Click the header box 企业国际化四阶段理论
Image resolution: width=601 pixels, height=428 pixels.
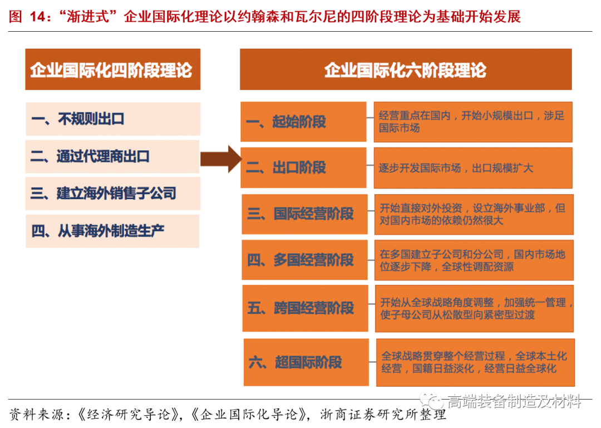tap(112, 70)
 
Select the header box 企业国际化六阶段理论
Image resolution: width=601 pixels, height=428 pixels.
tap(406, 70)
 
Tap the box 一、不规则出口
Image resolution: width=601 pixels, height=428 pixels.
tap(112, 119)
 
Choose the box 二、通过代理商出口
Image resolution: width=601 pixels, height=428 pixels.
tap(112, 156)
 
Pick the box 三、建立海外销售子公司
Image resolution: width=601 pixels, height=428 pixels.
tap(112, 193)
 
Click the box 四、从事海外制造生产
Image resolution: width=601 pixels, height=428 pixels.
tap(112, 230)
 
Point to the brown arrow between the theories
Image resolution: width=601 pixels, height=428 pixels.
tap(220, 159)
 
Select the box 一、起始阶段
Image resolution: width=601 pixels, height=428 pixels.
tap(303, 122)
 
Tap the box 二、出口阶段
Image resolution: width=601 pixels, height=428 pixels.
tap(303, 168)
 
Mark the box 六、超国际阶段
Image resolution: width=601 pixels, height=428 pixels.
tap(306, 362)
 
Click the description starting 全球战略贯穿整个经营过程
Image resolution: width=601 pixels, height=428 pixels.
tap(475, 362)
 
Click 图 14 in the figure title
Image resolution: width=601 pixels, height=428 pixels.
tap(26, 17)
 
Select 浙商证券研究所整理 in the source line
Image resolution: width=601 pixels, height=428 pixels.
tap(384, 415)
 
